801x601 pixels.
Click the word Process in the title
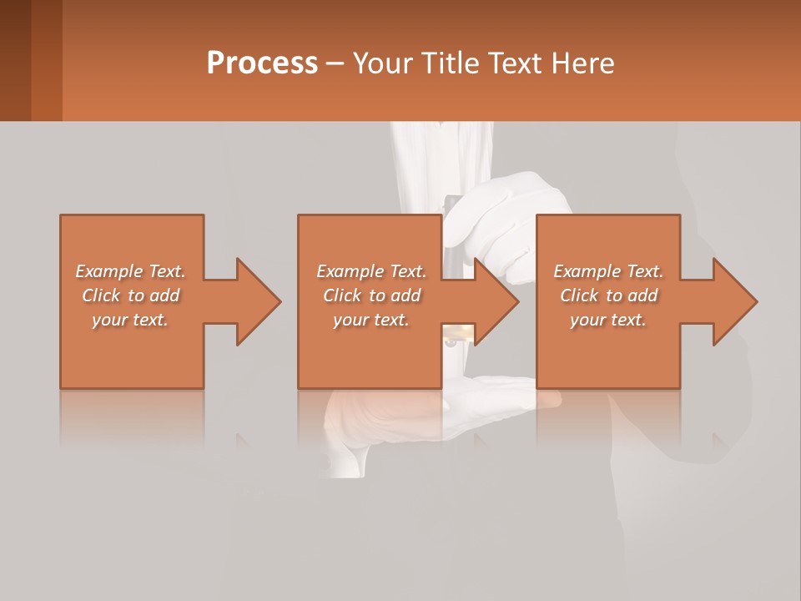[262, 63]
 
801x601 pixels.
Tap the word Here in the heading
[582, 63]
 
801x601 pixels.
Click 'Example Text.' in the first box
[131, 271]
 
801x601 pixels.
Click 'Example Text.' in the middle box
[371, 271]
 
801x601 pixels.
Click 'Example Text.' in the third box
[608, 271]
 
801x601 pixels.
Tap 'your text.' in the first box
[131, 320]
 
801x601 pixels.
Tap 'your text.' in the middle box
[371, 320]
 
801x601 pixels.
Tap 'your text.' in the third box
[608, 320]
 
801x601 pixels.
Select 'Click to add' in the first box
[131, 295]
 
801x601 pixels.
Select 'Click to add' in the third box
[608, 295]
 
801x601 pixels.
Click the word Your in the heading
[383, 63]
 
